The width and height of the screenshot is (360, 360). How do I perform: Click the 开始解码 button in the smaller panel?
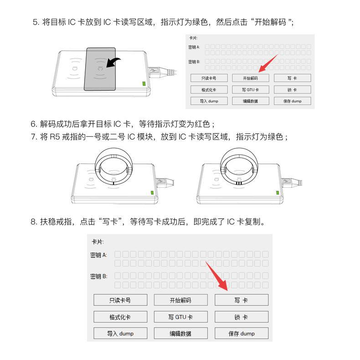251,78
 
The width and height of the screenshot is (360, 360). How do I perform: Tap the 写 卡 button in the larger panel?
242,300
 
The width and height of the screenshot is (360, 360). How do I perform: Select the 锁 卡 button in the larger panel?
242,317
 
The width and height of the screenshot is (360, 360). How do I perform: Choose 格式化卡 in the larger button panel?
120,317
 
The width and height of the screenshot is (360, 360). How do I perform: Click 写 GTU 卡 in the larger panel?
181,317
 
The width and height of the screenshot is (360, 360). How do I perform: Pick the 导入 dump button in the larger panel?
120,333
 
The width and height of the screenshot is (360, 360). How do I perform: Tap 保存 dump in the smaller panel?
293,101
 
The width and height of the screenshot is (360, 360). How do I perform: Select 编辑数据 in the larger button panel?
181,333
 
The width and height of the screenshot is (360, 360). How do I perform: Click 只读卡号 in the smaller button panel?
209,78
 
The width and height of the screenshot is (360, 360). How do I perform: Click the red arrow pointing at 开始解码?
267,63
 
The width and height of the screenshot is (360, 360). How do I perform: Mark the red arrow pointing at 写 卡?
217,276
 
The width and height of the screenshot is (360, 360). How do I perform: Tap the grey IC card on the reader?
100,69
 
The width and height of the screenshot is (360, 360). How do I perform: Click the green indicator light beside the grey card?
144,83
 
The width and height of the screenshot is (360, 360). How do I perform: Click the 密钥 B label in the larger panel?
99,276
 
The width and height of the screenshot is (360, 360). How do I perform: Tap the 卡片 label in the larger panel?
98,242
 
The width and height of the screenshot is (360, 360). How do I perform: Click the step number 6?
34,124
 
